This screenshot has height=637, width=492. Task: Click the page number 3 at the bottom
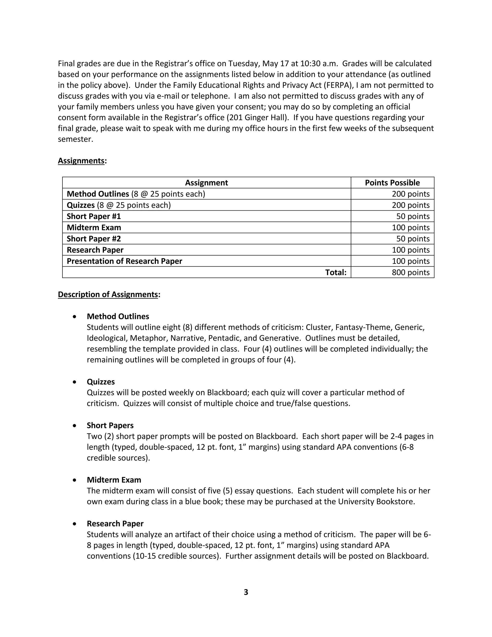click(246, 592)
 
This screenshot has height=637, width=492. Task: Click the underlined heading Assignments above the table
click(81, 161)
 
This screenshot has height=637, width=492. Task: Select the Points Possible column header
click(392, 183)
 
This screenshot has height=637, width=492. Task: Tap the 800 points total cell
click(410, 272)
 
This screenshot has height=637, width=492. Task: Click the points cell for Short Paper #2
click(412, 239)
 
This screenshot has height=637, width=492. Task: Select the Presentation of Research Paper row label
click(124, 261)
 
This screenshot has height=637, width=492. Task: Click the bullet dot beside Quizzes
click(75, 382)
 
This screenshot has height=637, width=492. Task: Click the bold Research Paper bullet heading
click(115, 524)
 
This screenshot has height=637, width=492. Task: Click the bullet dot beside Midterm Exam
click(75, 480)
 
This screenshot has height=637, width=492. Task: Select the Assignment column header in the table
click(206, 183)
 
